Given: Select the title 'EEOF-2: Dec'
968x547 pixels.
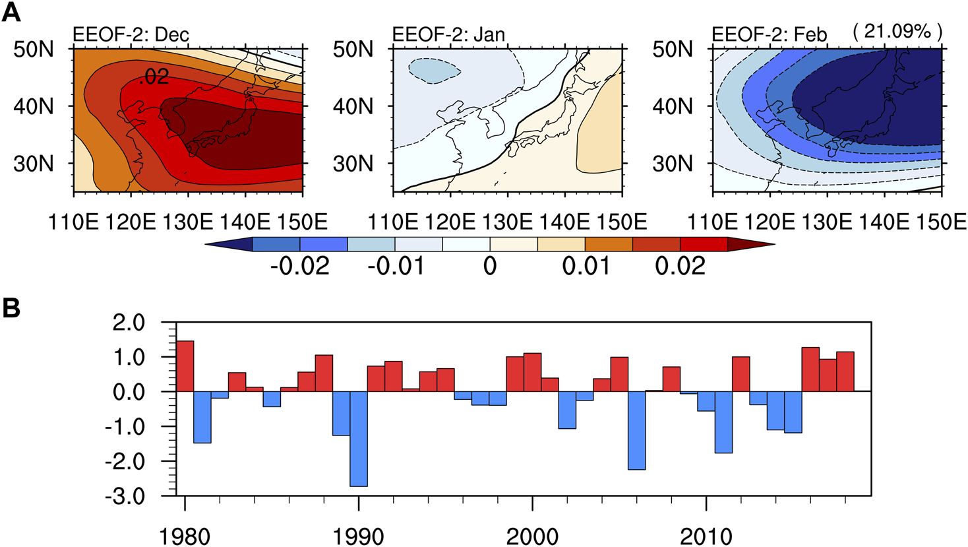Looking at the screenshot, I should (131, 34).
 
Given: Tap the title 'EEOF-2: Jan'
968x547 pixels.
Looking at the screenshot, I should (448, 34).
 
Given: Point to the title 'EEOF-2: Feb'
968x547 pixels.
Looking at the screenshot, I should (770, 34).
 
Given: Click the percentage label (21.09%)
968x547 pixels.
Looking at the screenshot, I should (897, 32).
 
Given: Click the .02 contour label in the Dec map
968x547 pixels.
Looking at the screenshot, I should (154, 78).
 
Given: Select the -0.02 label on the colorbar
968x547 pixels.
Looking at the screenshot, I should (300, 267).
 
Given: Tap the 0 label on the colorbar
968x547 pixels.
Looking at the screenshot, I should (489, 267).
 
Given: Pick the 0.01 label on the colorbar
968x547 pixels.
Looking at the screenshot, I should (586, 267).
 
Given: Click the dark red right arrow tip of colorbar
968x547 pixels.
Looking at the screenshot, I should (752, 244).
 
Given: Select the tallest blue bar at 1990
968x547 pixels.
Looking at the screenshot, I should (359, 439).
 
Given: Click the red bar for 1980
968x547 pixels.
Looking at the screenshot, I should (185, 366).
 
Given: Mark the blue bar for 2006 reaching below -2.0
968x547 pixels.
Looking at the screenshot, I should (637, 430).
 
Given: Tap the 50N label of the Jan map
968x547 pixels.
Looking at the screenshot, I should (353, 49).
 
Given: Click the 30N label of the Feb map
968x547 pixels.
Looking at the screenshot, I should (673, 164).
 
